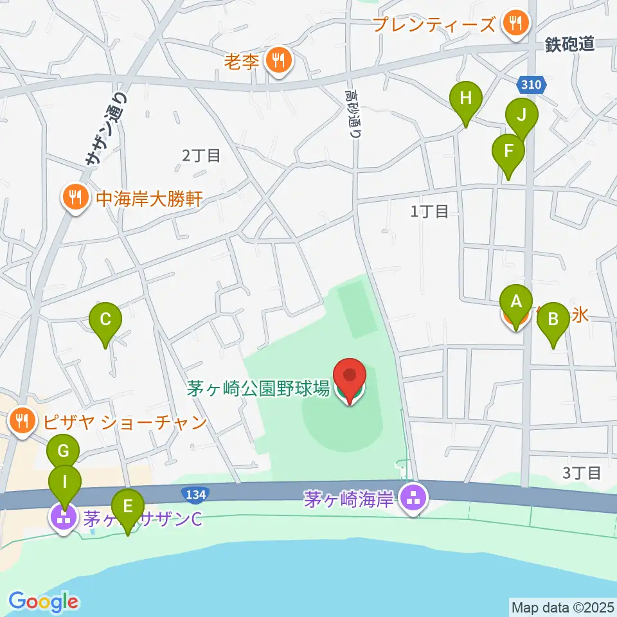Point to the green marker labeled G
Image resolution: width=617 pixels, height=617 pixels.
click(x=63, y=452)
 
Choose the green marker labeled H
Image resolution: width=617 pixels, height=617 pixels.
click(x=466, y=99)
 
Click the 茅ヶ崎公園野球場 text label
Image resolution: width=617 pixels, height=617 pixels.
click(x=258, y=388)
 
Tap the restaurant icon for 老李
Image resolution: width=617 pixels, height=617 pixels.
click(x=278, y=62)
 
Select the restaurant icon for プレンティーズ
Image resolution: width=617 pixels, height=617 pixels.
click(x=515, y=24)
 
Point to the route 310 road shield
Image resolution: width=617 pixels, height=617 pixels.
click(x=531, y=84)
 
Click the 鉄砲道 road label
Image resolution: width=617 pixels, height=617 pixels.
click(x=570, y=44)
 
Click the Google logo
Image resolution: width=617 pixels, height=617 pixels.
click(x=43, y=601)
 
